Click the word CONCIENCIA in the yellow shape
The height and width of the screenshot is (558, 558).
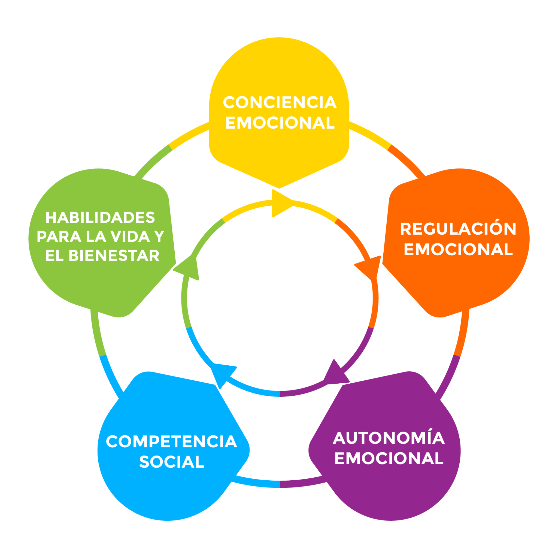coord(280,103)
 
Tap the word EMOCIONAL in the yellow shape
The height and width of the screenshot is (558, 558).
coord(280,123)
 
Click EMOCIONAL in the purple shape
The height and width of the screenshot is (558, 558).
coord(389,458)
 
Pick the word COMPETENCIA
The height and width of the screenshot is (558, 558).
coord(172,442)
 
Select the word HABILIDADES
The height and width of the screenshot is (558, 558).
coord(100,218)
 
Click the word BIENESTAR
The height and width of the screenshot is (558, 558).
coord(114,256)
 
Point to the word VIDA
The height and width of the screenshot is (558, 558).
coord(131,236)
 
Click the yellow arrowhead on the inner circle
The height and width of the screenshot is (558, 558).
coord(280,203)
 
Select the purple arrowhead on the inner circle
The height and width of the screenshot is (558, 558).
coord(335,374)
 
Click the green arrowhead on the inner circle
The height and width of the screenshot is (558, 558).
coord(189,267)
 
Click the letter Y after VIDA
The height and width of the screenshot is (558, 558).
coord(159,236)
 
